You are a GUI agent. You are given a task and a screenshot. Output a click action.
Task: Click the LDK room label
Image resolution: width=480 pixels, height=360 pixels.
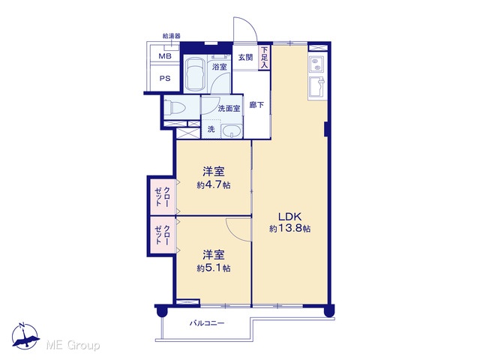point(290,217)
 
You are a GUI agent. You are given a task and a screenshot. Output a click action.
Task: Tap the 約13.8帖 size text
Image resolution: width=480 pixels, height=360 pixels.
point(290,229)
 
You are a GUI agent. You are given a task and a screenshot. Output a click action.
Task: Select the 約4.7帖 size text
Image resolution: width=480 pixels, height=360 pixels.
point(214,185)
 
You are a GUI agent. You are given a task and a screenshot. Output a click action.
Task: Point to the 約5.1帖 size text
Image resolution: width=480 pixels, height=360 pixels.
point(214,268)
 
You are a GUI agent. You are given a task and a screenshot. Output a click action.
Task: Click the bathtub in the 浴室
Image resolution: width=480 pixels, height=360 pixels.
point(195,73)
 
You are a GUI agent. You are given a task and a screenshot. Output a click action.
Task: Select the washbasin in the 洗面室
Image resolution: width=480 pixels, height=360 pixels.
point(232,131)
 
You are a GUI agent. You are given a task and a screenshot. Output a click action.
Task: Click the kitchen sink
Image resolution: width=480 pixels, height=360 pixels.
point(317,87)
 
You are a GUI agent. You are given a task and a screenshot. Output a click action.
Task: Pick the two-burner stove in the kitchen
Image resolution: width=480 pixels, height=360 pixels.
point(316,64)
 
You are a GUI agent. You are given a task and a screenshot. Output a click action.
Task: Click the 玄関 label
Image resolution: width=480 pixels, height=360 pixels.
point(246,57)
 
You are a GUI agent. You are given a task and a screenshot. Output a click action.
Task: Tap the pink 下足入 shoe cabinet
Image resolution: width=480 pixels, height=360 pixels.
point(265,58)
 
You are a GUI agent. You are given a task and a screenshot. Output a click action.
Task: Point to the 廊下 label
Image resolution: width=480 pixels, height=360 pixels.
point(256,105)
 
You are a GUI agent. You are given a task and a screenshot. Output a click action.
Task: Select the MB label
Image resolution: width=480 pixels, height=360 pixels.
point(165,56)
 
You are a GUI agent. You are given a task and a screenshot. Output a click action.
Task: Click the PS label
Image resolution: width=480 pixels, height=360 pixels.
point(165,78)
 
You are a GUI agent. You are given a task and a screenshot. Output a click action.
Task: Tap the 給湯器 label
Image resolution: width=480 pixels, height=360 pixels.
point(172,36)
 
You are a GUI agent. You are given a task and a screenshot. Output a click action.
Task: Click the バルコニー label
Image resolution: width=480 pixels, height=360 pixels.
point(207,323)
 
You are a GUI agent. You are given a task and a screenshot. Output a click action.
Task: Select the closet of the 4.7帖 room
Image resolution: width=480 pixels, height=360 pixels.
point(163,196)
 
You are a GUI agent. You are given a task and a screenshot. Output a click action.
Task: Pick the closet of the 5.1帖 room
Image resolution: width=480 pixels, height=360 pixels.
point(163,235)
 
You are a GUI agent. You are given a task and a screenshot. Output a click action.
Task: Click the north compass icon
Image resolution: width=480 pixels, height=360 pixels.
point(25,336)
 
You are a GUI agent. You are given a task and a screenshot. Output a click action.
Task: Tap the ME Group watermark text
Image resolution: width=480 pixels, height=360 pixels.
point(73,345)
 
